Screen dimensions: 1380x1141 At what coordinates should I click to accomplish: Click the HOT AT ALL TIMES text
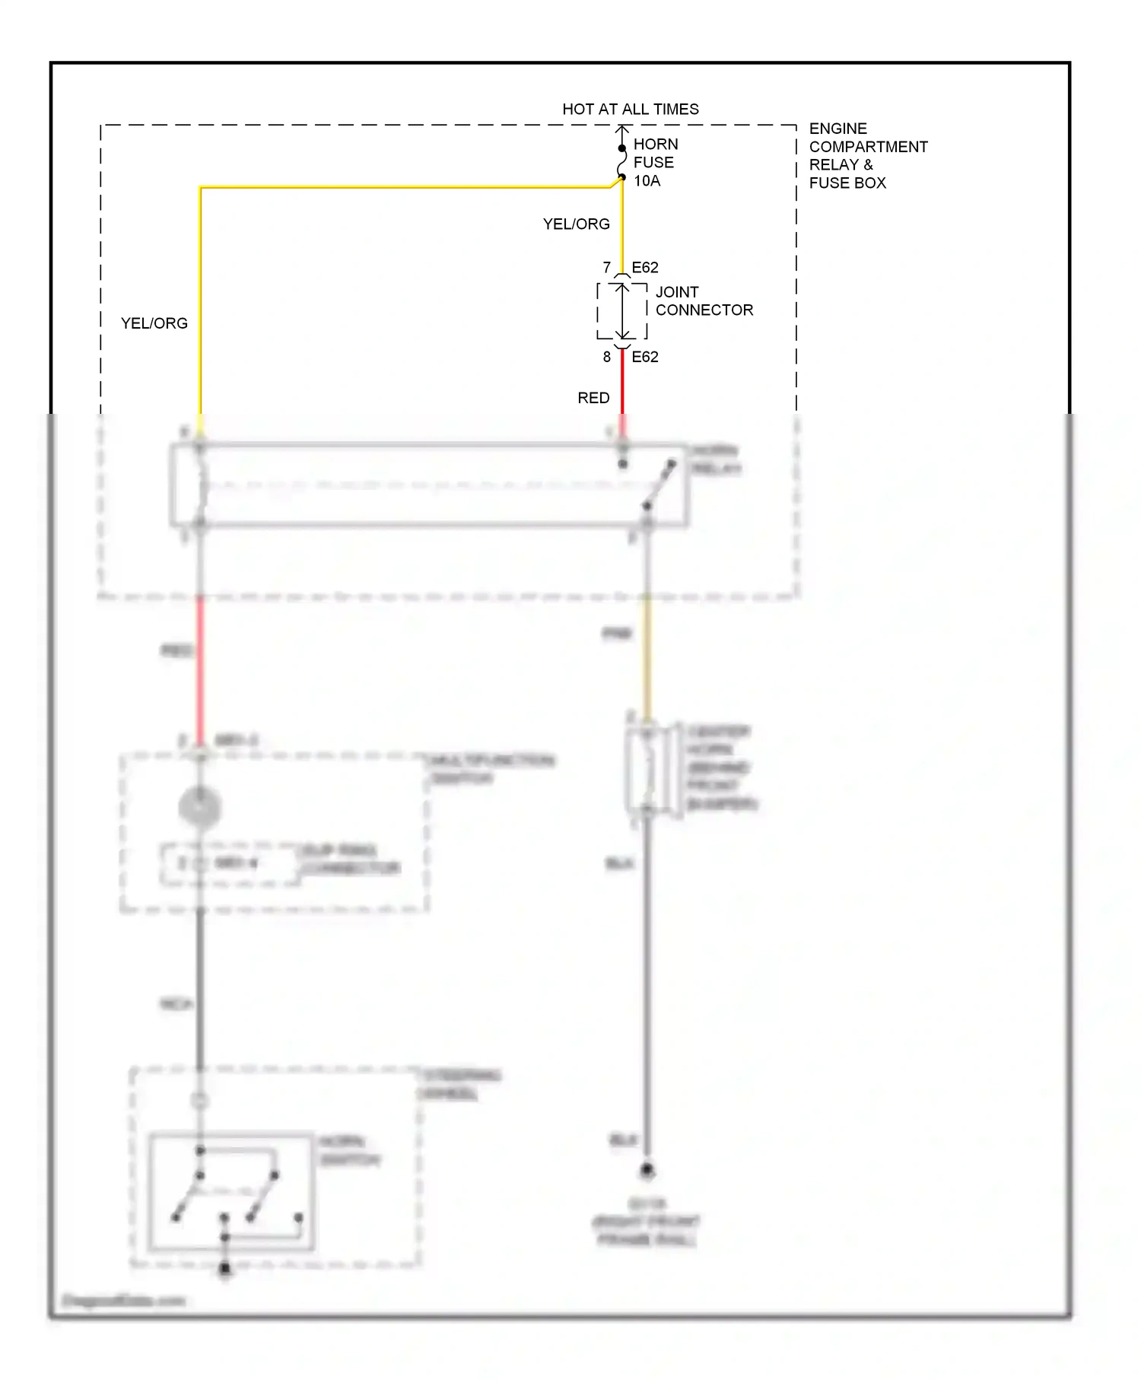pos(630,110)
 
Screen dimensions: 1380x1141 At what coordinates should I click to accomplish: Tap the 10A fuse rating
pos(647,181)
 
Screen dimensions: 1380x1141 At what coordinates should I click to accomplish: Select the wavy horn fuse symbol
pos(622,163)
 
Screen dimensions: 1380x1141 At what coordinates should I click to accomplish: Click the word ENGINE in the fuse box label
pos(837,129)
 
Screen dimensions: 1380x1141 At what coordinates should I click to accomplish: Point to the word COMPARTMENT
pos(868,147)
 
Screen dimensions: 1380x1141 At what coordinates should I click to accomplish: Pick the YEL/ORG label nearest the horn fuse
pos(576,224)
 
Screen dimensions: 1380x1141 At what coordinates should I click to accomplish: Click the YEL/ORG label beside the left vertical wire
pos(154,323)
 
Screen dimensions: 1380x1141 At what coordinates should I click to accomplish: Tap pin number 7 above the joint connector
pos(606,268)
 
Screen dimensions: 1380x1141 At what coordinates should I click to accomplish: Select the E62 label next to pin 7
pos(645,268)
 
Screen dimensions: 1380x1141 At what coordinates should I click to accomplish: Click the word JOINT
pos(677,292)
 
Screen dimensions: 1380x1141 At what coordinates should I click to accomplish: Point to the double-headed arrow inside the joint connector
pos(622,311)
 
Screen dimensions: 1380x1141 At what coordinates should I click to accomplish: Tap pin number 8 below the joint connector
pos(606,357)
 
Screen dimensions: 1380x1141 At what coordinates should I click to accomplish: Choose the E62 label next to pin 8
pos(645,357)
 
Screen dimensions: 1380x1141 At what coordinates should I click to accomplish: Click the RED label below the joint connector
pos(593,398)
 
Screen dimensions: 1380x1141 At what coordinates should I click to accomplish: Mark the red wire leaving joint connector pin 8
pos(622,384)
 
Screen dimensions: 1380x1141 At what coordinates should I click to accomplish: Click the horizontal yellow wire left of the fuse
pos(403,187)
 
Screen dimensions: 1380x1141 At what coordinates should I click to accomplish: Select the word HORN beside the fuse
pos(656,145)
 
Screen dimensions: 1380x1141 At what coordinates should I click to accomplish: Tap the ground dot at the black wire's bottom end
pos(647,1171)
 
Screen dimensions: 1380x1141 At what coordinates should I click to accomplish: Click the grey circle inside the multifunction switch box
pos(199,806)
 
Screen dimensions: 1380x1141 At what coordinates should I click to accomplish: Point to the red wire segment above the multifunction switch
pos(200,669)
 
